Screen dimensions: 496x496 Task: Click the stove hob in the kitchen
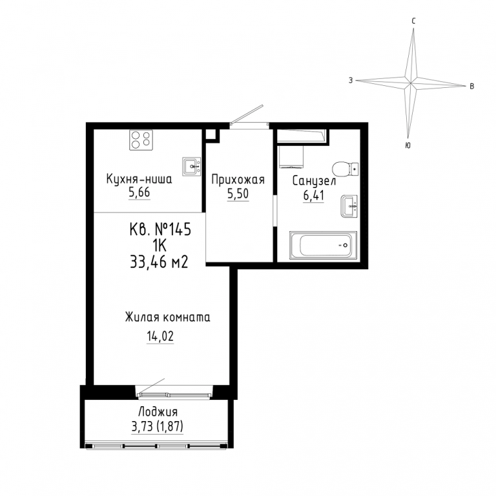[141, 139]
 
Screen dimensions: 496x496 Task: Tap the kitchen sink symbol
[192, 167]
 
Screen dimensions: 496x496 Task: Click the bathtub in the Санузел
[323, 245]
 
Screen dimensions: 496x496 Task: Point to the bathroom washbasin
[349, 207]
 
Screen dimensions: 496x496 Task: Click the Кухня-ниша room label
[139, 180]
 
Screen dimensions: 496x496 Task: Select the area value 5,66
[139, 193]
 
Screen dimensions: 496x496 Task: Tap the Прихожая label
[238, 180]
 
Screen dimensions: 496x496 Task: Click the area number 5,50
[238, 194]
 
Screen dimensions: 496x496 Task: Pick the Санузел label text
[314, 181]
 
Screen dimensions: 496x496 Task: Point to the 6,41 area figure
[313, 196]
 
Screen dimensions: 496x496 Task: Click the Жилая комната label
[168, 317]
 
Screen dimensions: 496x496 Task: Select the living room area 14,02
[160, 336]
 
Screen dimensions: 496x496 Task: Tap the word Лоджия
[158, 412]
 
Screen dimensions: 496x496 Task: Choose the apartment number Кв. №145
[160, 229]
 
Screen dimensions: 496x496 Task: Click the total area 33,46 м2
[159, 262]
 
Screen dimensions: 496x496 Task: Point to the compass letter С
[413, 21]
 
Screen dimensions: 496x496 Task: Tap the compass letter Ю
[408, 145]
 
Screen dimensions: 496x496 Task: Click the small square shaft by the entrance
[211, 134]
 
